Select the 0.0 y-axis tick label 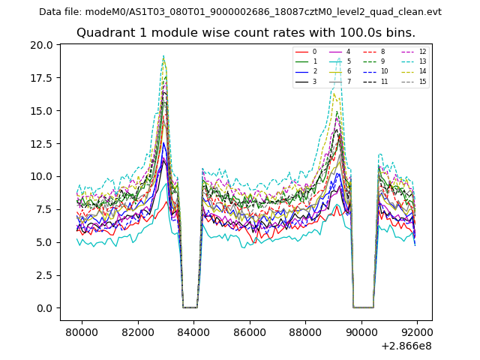[x=46, y=308]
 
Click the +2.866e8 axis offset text [x=406, y=346]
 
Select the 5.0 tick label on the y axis [x=46, y=242]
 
